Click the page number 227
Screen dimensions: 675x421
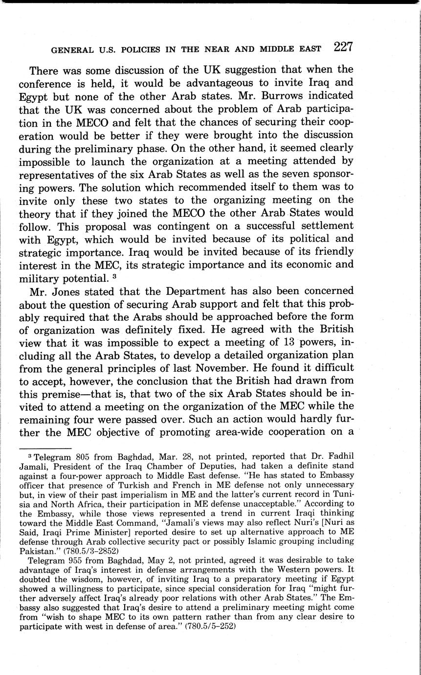(343, 47)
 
